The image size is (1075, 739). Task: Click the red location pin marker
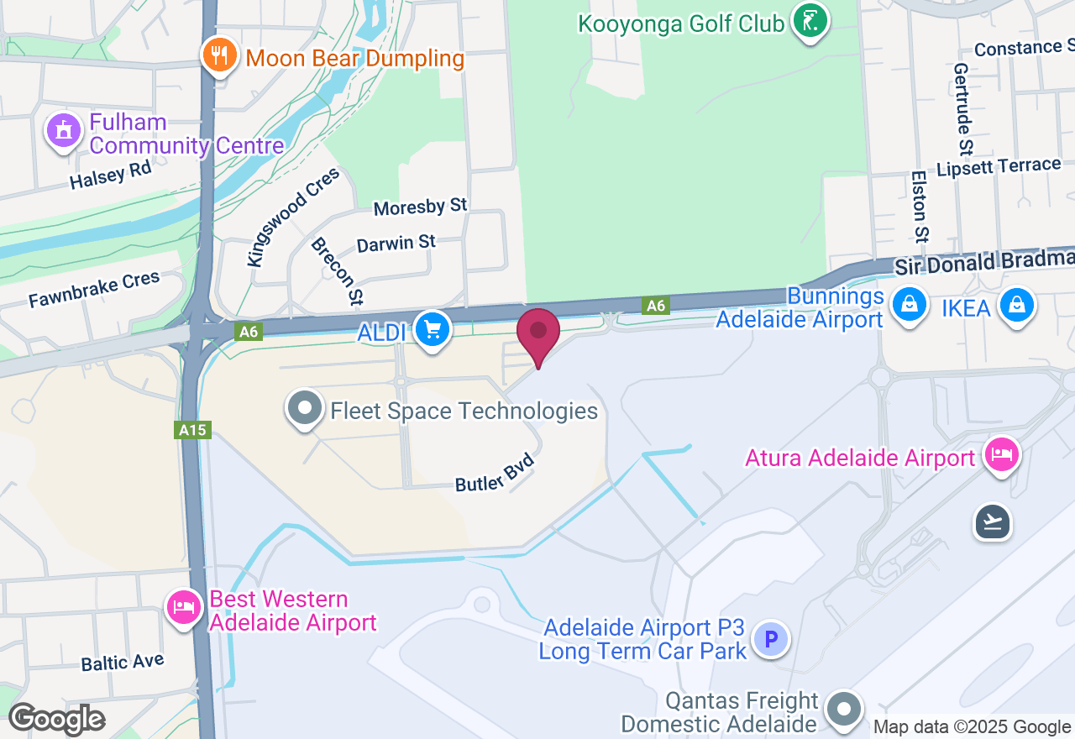pyautogui.click(x=538, y=333)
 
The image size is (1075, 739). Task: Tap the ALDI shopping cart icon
pyautogui.click(x=433, y=328)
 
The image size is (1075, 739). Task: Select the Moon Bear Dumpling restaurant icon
pyautogui.click(x=219, y=55)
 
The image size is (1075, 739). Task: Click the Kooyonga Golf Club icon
pyautogui.click(x=810, y=20)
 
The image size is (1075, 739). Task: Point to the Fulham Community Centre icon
pyautogui.click(x=64, y=131)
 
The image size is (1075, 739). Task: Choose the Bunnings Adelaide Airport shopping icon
pyautogui.click(x=909, y=304)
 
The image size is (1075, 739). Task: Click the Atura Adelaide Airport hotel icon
pyautogui.click(x=1001, y=455)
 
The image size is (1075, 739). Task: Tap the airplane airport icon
pyautogui.click(x=993, y=522)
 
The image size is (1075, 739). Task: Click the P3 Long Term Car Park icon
pyautogui.click(x=770, y=640)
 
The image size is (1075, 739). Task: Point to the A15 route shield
pyautogui.click(x=191, y=430)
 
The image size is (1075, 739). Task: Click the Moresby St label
pyautogui.click(x=420, y=206)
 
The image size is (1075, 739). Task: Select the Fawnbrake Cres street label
pyautogui.click(x=93, y=290)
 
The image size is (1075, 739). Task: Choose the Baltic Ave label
pyautogui.click(x=123, y=662)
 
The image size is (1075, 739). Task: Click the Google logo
pyautogui.click(x=56, y=719)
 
